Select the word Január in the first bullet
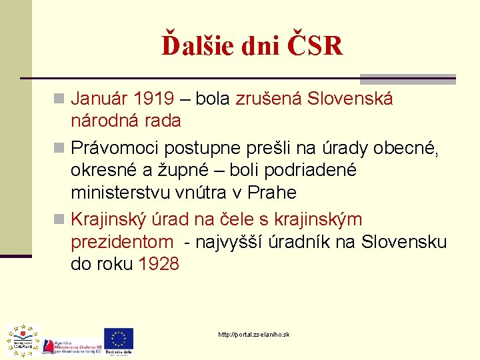pyautogui.click(x=99, y=99)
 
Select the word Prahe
pyautogui.click(x=271, y=193)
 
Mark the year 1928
pyautogui.click(x=159, y=264)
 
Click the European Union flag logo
pyautogui.click(x=119, y=337)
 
